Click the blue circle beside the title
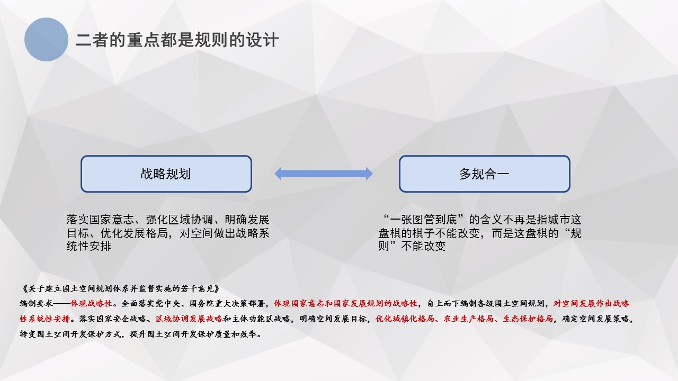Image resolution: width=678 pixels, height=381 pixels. pos(46,39)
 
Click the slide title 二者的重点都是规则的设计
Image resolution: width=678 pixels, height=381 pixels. pos(177,40)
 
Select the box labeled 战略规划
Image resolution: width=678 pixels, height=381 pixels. pos(166,174)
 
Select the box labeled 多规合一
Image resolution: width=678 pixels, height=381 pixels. pos(485,174)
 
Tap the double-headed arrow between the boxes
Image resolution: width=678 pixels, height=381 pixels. pos(323,174)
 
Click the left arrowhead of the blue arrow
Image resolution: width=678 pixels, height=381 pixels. pos(278,174)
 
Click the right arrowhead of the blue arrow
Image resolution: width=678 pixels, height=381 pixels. pos(369,174)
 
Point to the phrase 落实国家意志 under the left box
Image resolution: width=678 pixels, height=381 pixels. pos(100,220)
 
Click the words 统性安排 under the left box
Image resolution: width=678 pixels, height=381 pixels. pos(88,246)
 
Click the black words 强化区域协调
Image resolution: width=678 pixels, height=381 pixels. pos(180,220)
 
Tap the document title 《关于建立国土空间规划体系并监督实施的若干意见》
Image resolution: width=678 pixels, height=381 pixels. pos(121,288)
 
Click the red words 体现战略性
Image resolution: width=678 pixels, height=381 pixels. pos(92,303)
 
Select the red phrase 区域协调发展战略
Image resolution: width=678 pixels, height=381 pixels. pos(189,319)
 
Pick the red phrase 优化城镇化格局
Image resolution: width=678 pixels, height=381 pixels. pos(405,319)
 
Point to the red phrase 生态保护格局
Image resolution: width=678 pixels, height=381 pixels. pos(528,319)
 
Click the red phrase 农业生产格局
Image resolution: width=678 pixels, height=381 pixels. pos(469,319)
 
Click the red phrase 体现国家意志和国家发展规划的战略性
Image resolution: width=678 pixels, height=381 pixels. pos(345,303)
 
